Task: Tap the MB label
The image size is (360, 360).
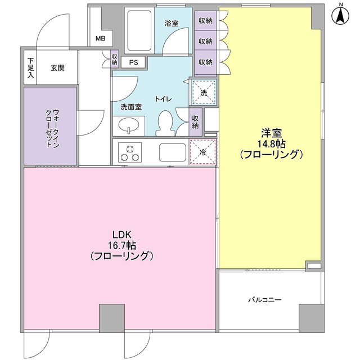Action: (x=100, y=39)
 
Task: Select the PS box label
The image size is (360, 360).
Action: (x=134, y=62)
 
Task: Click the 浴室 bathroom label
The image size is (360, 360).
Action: (x=172, y=23)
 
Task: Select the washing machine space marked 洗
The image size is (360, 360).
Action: (x=202, y=92)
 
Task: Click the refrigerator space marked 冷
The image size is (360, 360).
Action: (x=203, y=151)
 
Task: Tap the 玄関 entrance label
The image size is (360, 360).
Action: (x=57, y=68)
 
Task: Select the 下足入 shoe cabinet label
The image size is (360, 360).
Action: (x=30, y=68)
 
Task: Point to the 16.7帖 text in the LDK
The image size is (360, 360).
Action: (x=122, y=245)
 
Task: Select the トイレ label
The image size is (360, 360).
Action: (x=164, y=99)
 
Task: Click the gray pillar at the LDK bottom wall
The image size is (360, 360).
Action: (x=112, y=318)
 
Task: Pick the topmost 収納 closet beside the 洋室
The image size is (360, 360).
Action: (x=205, y=21)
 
